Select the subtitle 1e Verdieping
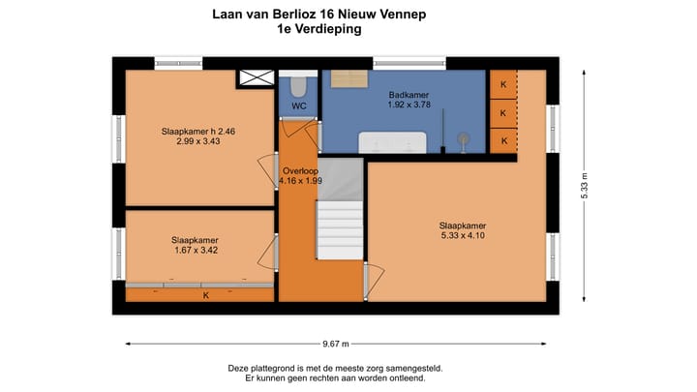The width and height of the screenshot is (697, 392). (318, 29)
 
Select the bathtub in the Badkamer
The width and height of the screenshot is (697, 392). (392, 142)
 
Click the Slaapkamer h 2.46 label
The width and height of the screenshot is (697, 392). (197, 131)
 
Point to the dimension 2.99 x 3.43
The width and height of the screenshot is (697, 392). (197, 141)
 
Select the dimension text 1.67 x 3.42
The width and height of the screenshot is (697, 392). (195, 251)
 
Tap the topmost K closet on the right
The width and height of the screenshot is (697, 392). (502, 84)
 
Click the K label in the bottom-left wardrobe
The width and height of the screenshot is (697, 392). (205, 295)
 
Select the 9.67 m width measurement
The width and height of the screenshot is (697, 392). (337, 343)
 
